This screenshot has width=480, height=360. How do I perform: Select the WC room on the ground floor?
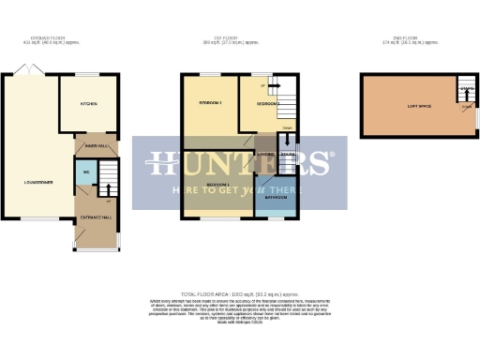tap(85, 173)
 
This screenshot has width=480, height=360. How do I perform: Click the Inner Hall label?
tap(95, 145)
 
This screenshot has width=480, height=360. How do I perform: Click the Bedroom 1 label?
tap(219, 185)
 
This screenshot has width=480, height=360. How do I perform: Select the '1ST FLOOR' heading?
tap(243, 39)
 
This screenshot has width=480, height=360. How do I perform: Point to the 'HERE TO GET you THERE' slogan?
tap(239, 189)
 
